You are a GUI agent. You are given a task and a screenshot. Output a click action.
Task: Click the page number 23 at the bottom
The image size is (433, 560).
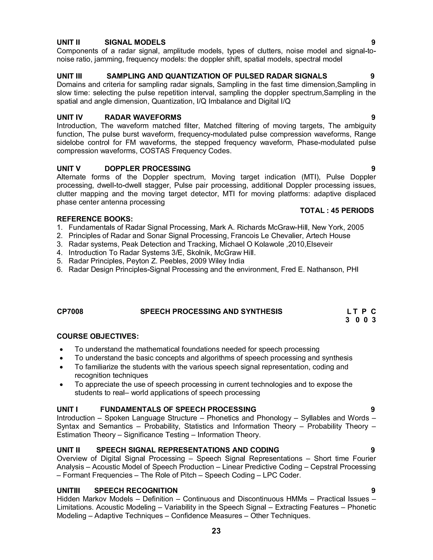pos(216,531)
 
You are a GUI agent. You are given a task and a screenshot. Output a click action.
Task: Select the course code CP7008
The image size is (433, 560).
pos(70,311)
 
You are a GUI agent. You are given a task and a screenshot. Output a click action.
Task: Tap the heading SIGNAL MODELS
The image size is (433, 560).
pos(135,42)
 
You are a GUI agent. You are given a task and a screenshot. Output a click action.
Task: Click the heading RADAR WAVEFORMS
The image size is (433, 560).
pos(143,117)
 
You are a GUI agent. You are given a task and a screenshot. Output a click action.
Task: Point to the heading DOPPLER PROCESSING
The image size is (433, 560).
pos(148,168)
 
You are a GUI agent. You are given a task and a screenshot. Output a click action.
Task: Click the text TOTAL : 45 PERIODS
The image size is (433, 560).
pos(337,210)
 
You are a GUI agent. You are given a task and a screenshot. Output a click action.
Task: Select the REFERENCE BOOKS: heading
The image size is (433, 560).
pos(95,219)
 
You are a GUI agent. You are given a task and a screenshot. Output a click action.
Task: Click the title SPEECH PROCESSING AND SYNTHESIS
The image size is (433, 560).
pos(211,311)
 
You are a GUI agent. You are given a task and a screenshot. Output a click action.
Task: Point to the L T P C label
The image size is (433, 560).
pos(361,311)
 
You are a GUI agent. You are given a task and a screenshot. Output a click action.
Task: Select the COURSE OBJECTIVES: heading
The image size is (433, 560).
pos(98,336)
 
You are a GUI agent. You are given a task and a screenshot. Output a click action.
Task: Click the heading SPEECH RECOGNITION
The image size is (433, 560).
pos(136,490)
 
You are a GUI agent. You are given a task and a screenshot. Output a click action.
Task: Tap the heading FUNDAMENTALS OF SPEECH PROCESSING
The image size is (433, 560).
pos(178,409)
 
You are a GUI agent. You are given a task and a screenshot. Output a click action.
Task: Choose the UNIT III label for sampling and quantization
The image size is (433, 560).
pos(69,76)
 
